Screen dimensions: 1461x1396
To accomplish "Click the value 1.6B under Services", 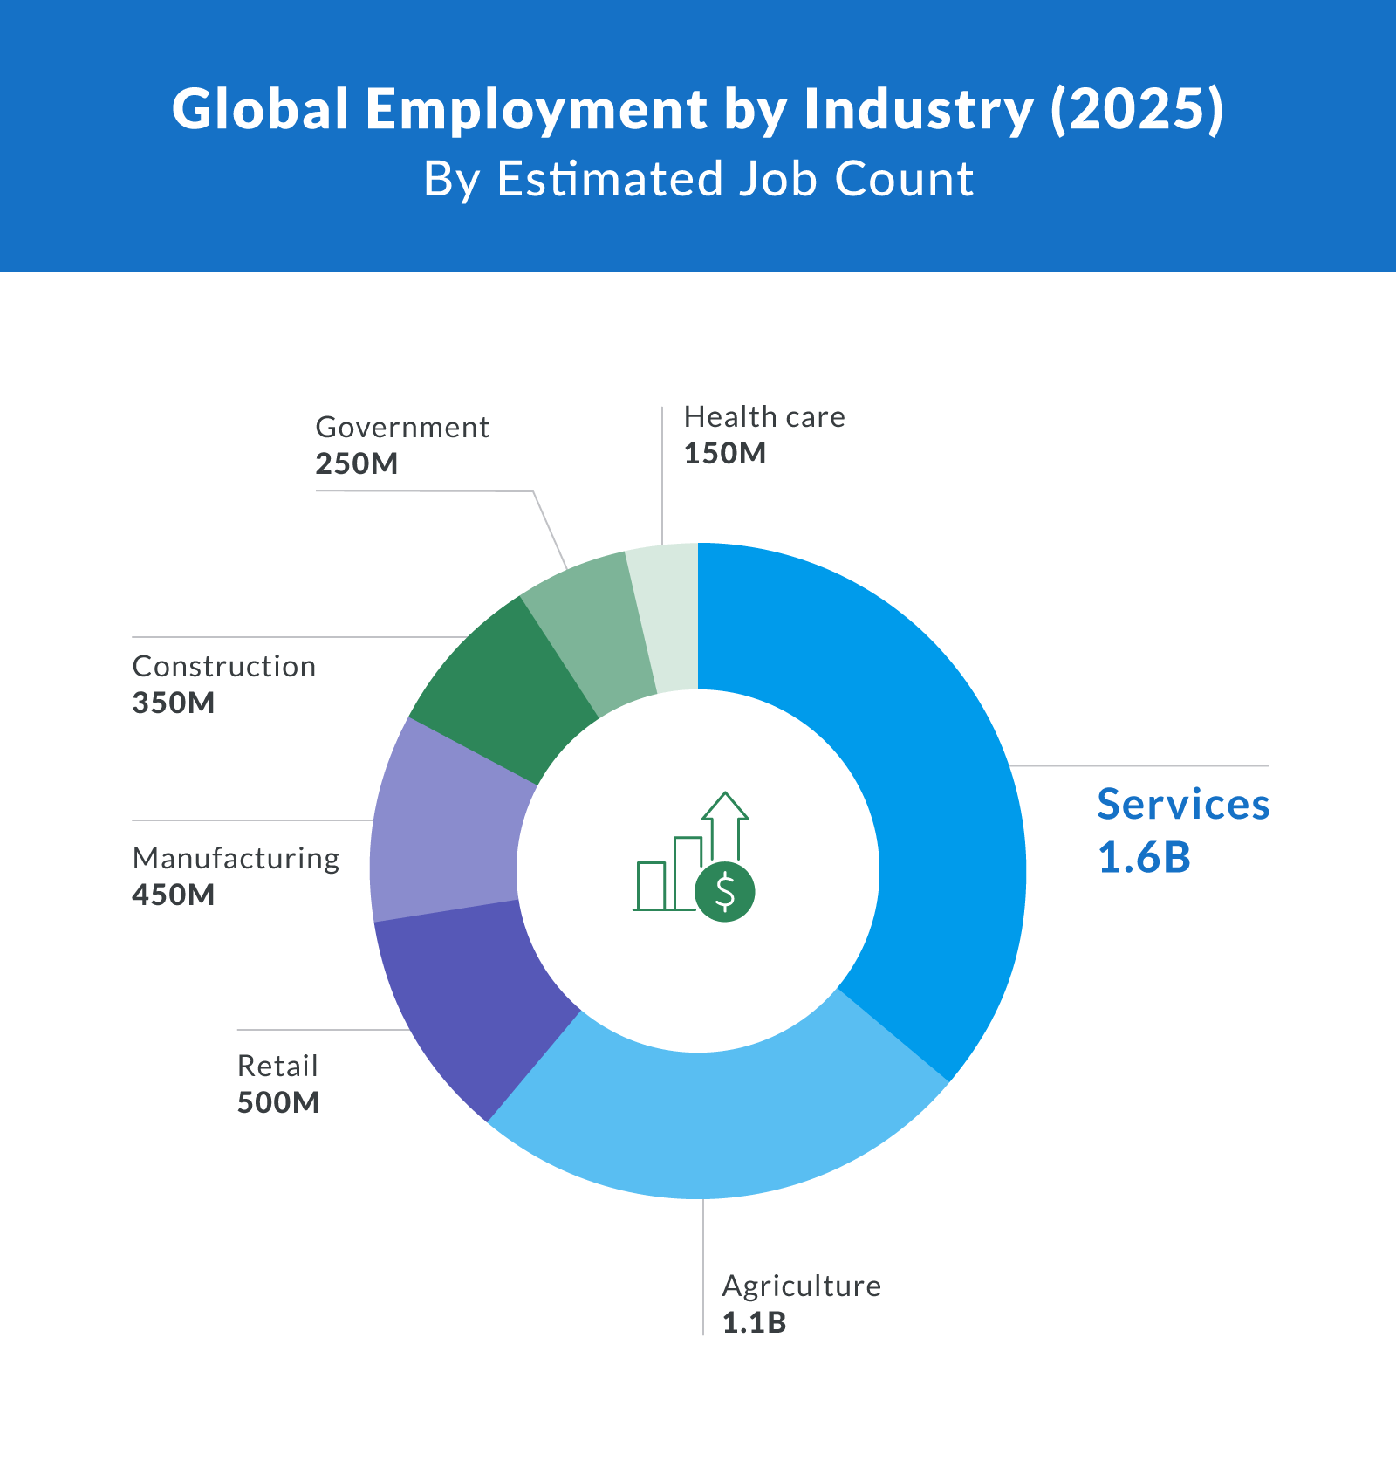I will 1144,857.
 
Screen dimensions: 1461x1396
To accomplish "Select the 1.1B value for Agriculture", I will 754,1323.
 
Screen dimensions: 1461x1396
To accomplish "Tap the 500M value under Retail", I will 278,1103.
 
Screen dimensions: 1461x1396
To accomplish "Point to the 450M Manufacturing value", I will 174,895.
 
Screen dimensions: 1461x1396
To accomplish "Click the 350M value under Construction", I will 174,703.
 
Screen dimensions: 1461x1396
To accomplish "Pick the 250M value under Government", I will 356,464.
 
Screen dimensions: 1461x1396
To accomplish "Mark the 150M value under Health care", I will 724,454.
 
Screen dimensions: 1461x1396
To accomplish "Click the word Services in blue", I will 1182,805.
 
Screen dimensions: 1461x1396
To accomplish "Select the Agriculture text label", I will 801,1286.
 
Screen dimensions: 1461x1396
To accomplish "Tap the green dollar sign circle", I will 724,892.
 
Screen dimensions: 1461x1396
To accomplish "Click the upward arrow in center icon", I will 725,820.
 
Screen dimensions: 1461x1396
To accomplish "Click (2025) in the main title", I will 1136,110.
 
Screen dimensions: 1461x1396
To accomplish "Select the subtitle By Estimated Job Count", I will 698,179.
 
